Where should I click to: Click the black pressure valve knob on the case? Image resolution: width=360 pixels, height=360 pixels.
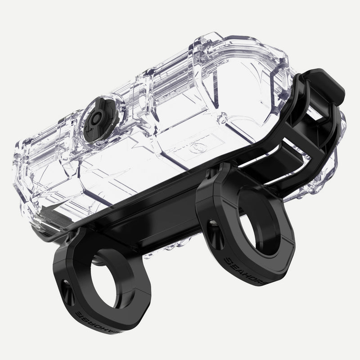(96, 119)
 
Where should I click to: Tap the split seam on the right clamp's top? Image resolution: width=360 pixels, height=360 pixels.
(220, 198)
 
